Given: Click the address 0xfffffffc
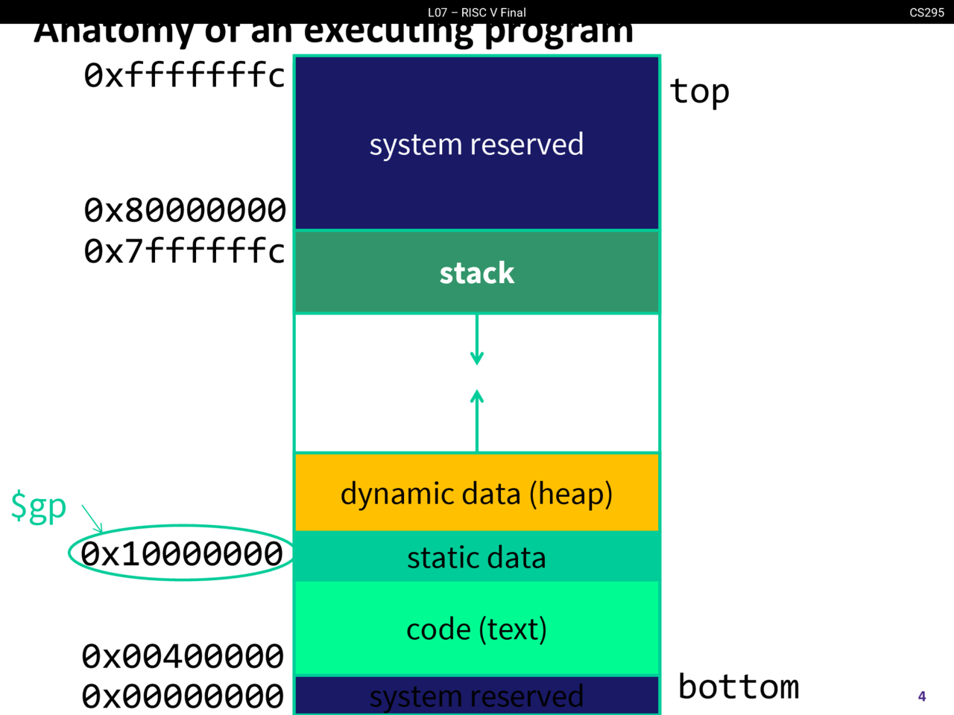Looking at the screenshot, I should pyautogui.click(x=184, y=75).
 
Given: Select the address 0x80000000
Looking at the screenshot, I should pyautogui.click(x=184, y=210).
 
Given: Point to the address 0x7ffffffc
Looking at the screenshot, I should pyautogui.click(x=184, y=251).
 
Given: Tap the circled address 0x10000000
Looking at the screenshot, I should pyautogui.click(x=181, y=553).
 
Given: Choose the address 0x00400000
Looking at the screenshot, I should pyautogui.click(x=183, y=656).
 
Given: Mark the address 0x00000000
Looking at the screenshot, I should pyautogui.click(x=183, y=696).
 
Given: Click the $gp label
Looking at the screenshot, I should pyautogui.click(x=38, y=507).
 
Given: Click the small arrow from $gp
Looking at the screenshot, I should pyautogui.click(x=92, y=518).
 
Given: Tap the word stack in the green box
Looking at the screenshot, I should pyautogui.click(x=476, y=273).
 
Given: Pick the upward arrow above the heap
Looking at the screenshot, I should pyautogui.click(x=477, y=421).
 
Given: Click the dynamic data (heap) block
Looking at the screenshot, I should pyautogui.click(x=476, y=493).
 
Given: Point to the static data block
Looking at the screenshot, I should pyautogui.click(x=476, y=557).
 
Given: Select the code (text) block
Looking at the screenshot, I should pyautogui.click(x=476, y=629).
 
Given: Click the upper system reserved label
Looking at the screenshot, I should pyautogui.click(x=476, y=144).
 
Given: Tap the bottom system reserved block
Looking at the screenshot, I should pyautogui.click(x=476, y=696).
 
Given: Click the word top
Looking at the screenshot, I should pyautogui.click(x=699, y=92).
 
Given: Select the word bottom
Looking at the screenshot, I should pyautogui.click(x=739, y=687).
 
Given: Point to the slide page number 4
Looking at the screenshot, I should pyautogui.click(x=922, y=696).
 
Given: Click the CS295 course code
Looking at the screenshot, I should pyautogui.click(x=926, y=12).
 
